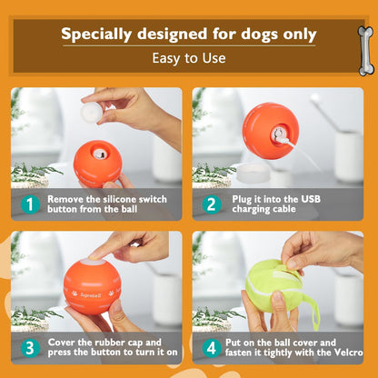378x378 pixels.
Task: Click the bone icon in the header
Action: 365,50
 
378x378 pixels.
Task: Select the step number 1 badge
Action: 30,204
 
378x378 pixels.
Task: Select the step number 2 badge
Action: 211,204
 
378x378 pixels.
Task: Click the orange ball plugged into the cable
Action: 269,131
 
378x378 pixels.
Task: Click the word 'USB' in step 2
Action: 329,198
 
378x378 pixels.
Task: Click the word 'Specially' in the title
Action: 102,35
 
